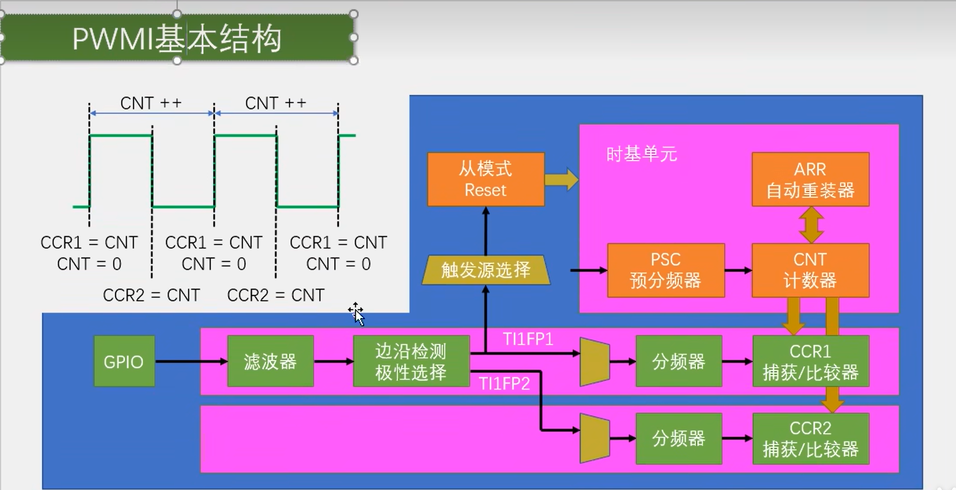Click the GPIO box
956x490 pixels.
point(124,361)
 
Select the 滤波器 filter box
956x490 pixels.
point(270,361)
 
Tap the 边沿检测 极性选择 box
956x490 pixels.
point(411,361)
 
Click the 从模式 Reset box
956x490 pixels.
point(486,180)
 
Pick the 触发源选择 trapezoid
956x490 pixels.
point(486,270)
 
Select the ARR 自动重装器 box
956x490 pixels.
point(810,180)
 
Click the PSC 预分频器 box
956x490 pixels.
point(666,270)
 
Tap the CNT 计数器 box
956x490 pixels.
point(810,270)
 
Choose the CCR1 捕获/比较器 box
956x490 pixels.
point(810,361)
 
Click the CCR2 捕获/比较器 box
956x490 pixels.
point(810,439)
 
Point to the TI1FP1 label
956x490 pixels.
point(528,339)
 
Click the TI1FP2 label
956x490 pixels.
point(504,383)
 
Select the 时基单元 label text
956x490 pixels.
point(641,154)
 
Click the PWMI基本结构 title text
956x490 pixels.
point(177,39)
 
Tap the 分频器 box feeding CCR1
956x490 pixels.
point(679,361)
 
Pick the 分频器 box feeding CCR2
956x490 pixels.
point(679,439)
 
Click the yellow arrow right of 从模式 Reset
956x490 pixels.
point(562,180)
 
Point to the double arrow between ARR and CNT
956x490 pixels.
point(811,225)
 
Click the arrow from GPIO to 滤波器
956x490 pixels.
point(191,361)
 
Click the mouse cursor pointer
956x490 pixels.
point(357,314)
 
